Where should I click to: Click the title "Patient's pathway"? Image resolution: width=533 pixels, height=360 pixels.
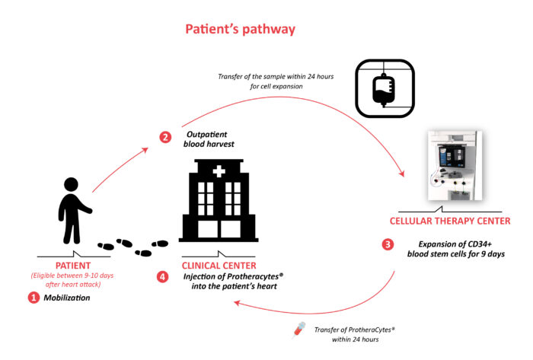click(241, 30)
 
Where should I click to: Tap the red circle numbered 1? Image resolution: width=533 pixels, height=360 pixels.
click(33, 298)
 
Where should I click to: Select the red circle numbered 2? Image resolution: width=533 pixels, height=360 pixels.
click(165, 137)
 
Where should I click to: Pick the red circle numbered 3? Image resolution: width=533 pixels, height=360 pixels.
click(388, 245)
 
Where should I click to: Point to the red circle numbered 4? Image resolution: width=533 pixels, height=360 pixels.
click(162, 277)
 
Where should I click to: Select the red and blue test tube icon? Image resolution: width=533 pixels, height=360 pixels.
click(300, 330)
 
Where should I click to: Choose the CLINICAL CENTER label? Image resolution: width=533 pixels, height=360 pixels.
click(219, 265)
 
